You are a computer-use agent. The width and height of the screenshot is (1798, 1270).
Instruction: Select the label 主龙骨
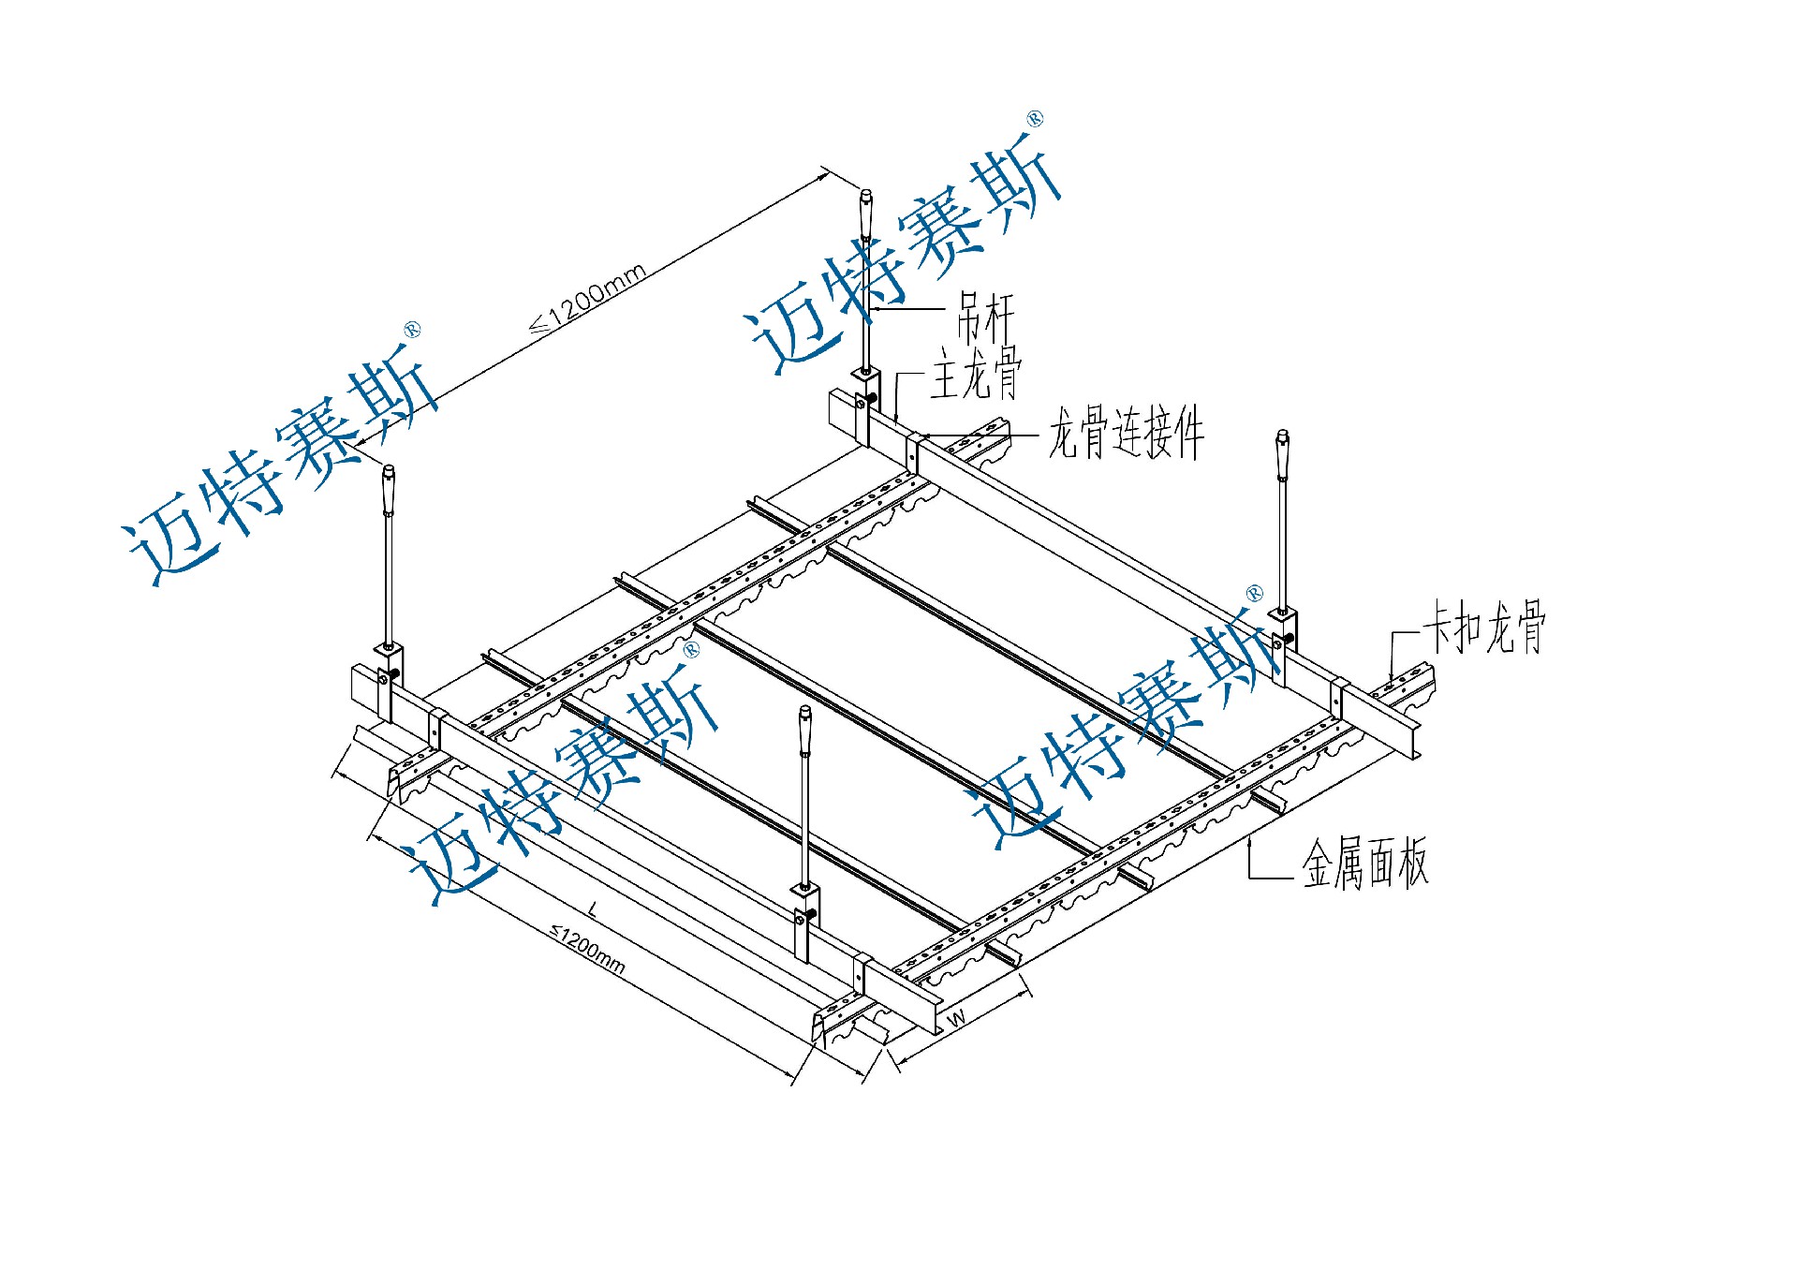tap(976, 373)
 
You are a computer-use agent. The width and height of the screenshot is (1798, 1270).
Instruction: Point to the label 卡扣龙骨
tap(1484, 628)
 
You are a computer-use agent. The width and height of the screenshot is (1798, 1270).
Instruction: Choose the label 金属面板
tap(1365, 863)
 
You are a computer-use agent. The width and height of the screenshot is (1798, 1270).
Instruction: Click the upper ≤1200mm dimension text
tap(588, 299)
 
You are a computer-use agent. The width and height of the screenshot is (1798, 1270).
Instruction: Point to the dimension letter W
tap(956, 1017)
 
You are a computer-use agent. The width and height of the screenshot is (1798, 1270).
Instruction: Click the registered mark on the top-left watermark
tap(412, 330)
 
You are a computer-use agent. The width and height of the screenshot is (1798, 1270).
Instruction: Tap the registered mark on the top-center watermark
tap(1035, 119)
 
